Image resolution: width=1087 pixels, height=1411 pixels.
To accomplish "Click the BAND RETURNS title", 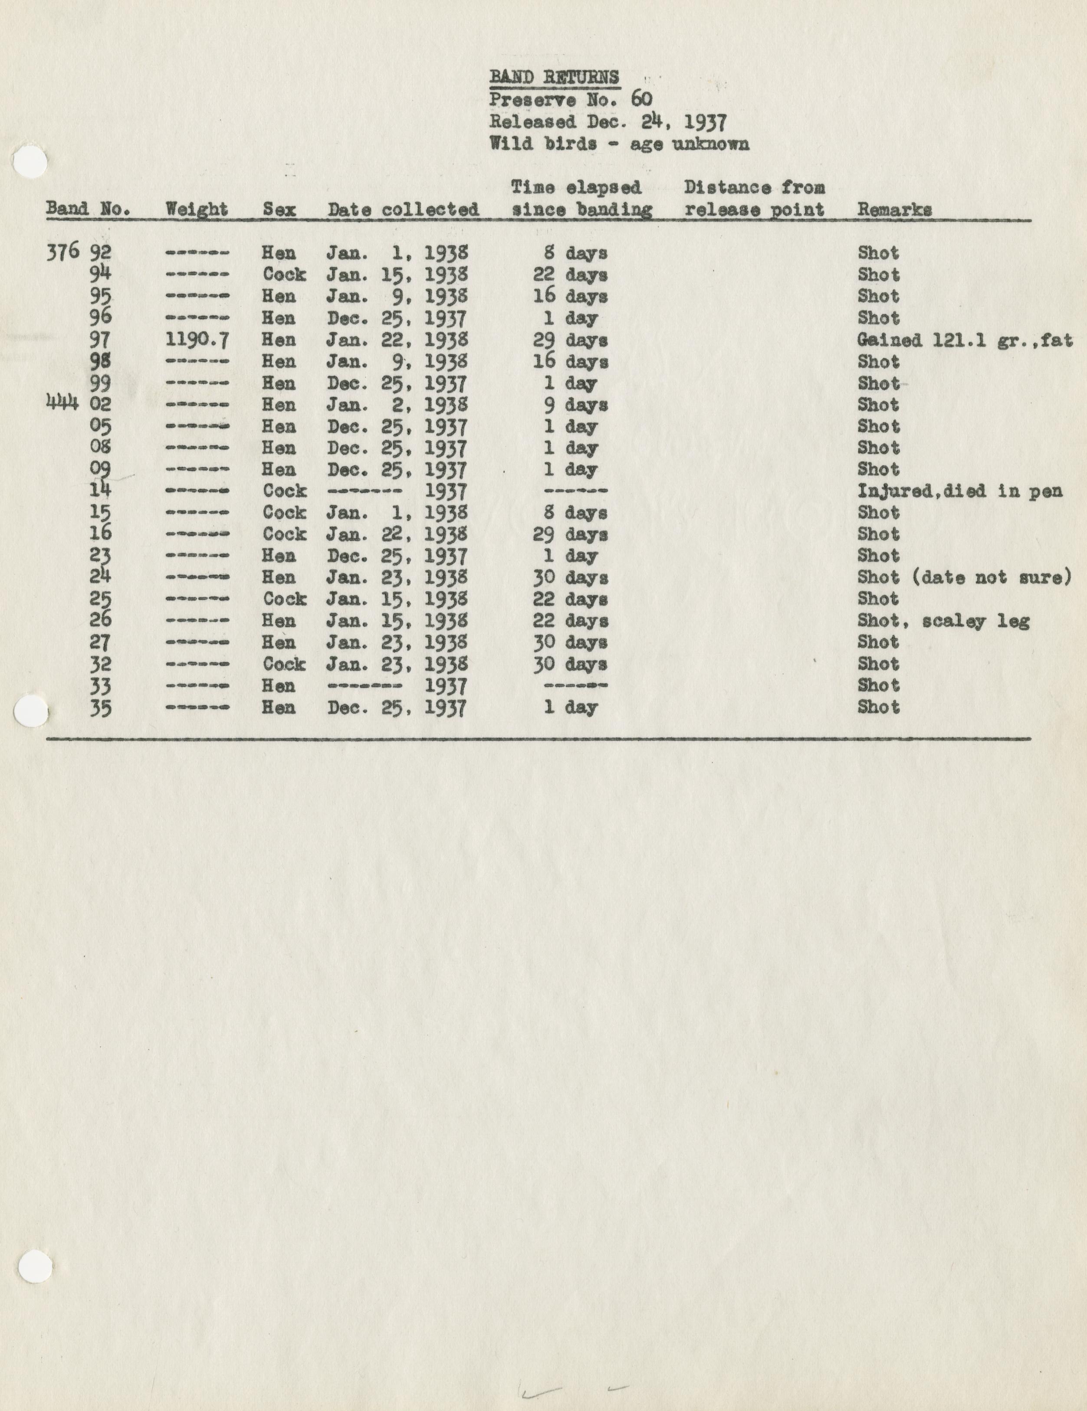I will [554, 78].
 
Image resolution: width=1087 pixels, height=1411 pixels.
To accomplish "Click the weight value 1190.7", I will [197, 340].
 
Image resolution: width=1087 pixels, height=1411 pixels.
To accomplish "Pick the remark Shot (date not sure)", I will [964, 578].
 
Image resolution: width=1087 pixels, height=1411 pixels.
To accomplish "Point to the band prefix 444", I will [62, 404].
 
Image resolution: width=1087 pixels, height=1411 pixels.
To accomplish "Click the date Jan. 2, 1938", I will [397, 405].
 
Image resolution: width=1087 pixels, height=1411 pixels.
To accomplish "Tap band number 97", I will [100, 340].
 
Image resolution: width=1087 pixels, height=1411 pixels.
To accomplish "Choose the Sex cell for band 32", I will [284, 664].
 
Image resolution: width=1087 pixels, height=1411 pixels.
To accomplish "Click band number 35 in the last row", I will [100, 708].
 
